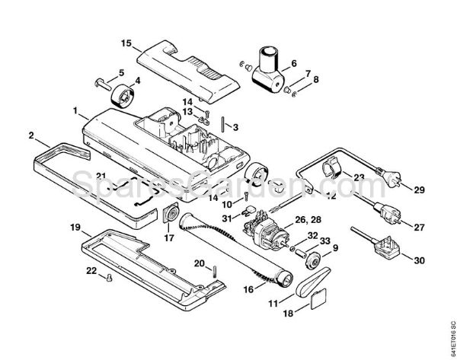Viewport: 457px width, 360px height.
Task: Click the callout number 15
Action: [126, 43]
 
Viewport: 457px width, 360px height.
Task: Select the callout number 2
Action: [30, 136]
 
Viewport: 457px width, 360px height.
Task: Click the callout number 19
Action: [75, 228]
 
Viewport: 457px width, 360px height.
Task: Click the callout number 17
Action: [169, 237]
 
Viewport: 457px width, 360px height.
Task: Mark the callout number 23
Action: [360, 177]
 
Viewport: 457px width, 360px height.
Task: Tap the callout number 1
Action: [75, 111]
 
